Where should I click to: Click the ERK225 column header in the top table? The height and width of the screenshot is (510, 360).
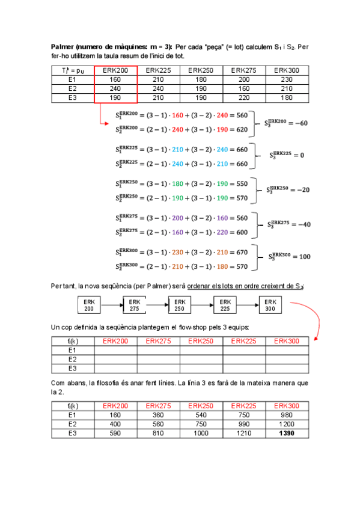(x=159, y=70)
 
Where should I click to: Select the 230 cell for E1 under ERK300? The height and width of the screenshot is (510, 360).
(x=287, y=79)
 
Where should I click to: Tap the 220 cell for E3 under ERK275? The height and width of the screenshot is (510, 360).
(x=244, y=97)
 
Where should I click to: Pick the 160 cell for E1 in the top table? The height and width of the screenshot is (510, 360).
(x=115, y=79)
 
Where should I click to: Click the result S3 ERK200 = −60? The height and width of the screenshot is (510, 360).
(x=286, y=123)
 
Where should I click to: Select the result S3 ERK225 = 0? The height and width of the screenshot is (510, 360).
(x=287, y=155)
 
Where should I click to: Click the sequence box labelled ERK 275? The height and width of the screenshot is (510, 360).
(x=135, y=305)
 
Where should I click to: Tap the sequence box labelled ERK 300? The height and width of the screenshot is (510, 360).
(x=270, y=305)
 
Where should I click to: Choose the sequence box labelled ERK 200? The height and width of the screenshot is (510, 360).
(x=89, y=305)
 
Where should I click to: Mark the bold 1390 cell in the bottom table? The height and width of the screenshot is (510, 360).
(x=287, y=433)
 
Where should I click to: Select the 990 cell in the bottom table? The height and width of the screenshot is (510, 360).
(x=244, y=424)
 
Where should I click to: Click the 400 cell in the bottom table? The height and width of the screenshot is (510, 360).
(x=115, y=424)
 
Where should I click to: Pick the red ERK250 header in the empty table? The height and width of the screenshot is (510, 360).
(x=201, y=340)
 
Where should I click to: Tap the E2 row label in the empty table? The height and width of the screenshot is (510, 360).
(x=72, y=359)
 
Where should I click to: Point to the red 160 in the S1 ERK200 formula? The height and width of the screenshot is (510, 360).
(x=177, y=114)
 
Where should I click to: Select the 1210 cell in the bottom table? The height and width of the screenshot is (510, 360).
(x=244, y=433)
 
